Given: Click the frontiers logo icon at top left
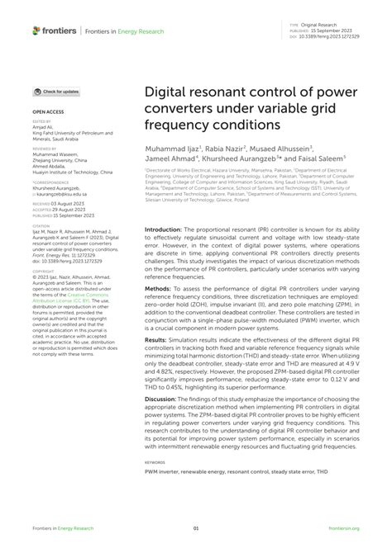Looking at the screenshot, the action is tap(36, 31).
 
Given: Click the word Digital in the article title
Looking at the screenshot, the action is tap(168, 92).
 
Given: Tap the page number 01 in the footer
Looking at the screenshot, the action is tap(196, 529).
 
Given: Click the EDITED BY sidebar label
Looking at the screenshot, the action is tap(42, 121).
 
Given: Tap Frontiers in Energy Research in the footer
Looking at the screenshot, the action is tap(63, 529).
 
